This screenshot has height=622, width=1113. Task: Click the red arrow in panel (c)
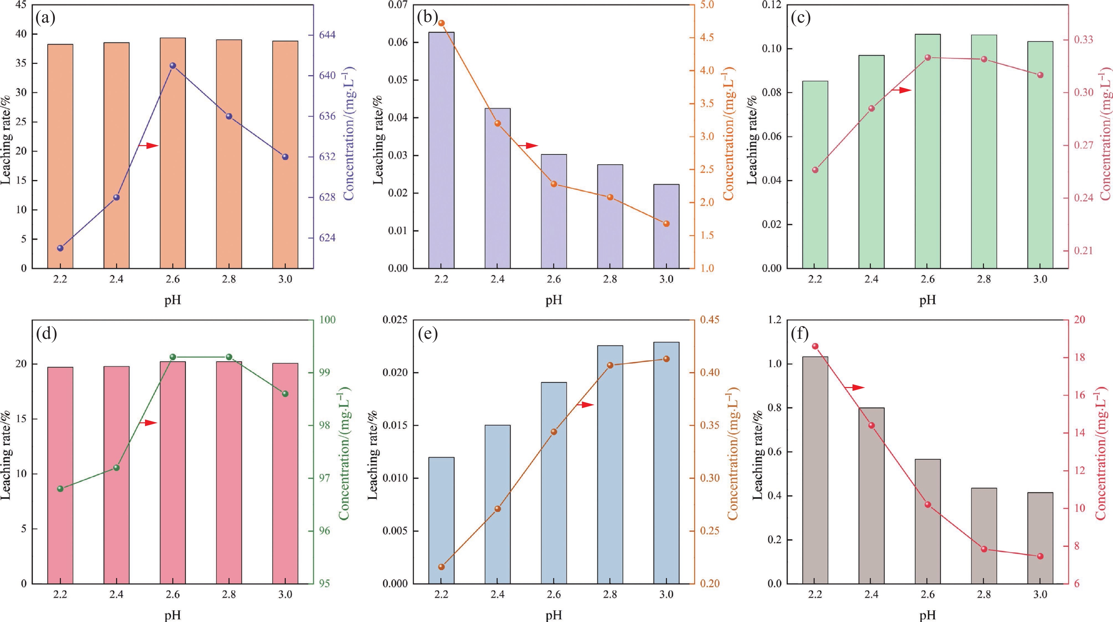pyautogui.click(x=902, y=90)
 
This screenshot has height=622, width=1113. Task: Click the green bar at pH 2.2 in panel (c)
pyautogui.click(x=815, y=175)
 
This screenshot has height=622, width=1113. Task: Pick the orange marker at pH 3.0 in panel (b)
pyautogui.click(x=666, y=223)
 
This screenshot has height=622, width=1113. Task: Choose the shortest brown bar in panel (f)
pyautogui.click(x=1040, y=538)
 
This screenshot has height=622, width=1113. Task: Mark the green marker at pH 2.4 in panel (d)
pyautogui.click(x=116, y=468)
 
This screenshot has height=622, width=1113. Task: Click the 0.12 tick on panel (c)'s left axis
pyautogui.click(x=767, y=5)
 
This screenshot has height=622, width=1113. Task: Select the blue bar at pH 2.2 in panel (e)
pyautogui.click(x=441, y=520)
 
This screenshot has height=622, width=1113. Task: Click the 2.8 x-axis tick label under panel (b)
pyautogui.click(x=610, y=279)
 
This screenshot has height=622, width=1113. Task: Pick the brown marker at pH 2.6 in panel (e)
pyautogui.click(x=554, y=432)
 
